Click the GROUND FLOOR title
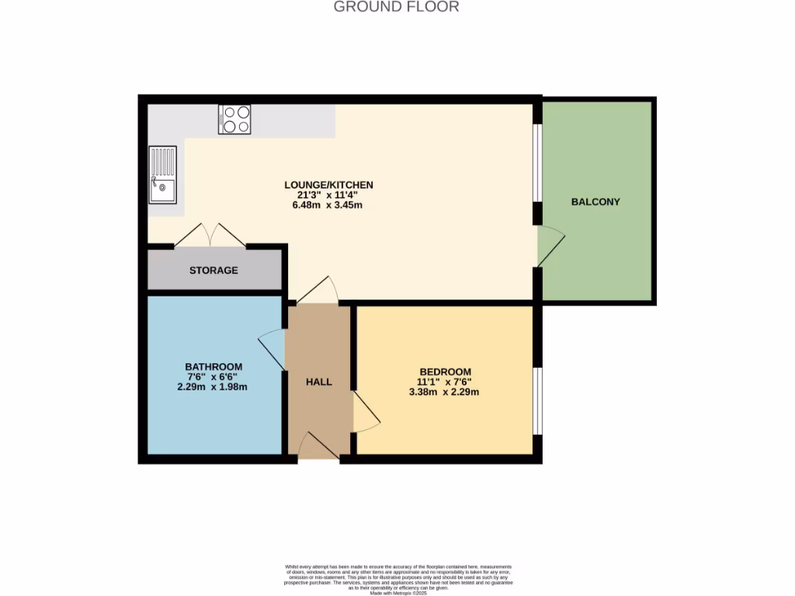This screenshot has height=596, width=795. (x=396, y=7)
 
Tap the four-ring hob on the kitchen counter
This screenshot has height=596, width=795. (x=234, y=120)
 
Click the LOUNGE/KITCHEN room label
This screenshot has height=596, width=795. (x=328, y=185)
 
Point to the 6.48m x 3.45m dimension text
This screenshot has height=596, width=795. (x=328, y=206)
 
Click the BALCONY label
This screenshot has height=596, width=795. (x=595, y=202)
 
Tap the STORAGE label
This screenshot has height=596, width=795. (x=214, y=270)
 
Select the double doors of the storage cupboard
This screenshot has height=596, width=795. (x=210, y=235)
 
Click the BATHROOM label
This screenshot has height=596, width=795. (x=214, y=366)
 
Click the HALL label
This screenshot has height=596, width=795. (x=318, y=382)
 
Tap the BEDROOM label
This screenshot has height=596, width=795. (x=445, y=371)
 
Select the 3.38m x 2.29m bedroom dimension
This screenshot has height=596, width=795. (x=445, y=392)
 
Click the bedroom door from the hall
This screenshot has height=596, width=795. (x=365, y=412)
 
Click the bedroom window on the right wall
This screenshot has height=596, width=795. (x=537, y=401)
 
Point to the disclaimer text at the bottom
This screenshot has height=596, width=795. (x=398, y=579)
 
